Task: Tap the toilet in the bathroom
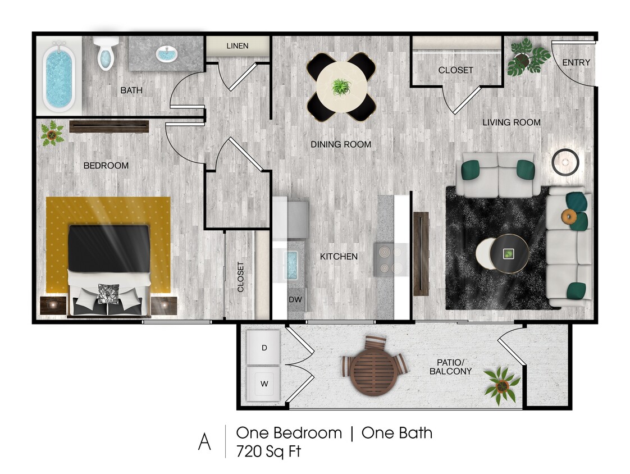(x=106, y=54)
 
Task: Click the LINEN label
(x=237, y=46)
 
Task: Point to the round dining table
(x=341, y=87)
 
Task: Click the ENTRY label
(x=576, y=62)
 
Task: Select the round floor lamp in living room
(x=564, y=163)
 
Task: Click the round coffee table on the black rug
(x=508, y=253)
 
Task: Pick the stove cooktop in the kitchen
(x=391, y=259)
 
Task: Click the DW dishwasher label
(x=295, y=300)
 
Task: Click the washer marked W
(x=264, y=385)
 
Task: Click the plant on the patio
(x=502, y=384)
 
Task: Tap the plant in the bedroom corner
(x=52, y=134)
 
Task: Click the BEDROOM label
(x=106, y=166)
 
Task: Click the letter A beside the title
(x=204, y=441)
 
